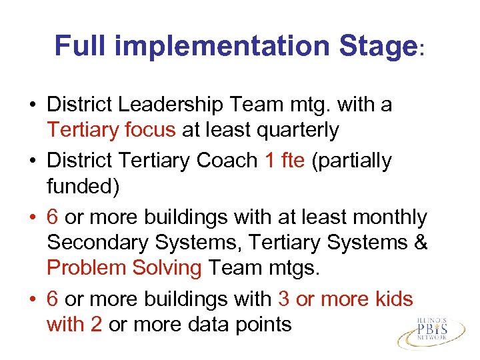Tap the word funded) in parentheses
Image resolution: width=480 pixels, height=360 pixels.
pos(83,187)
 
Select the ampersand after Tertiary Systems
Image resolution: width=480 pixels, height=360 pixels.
pos(421,243)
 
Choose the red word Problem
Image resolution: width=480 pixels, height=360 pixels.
pos(87,268)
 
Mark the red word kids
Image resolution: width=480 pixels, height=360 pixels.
pos(393,299)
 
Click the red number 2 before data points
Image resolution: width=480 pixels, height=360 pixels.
pos(97,325)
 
